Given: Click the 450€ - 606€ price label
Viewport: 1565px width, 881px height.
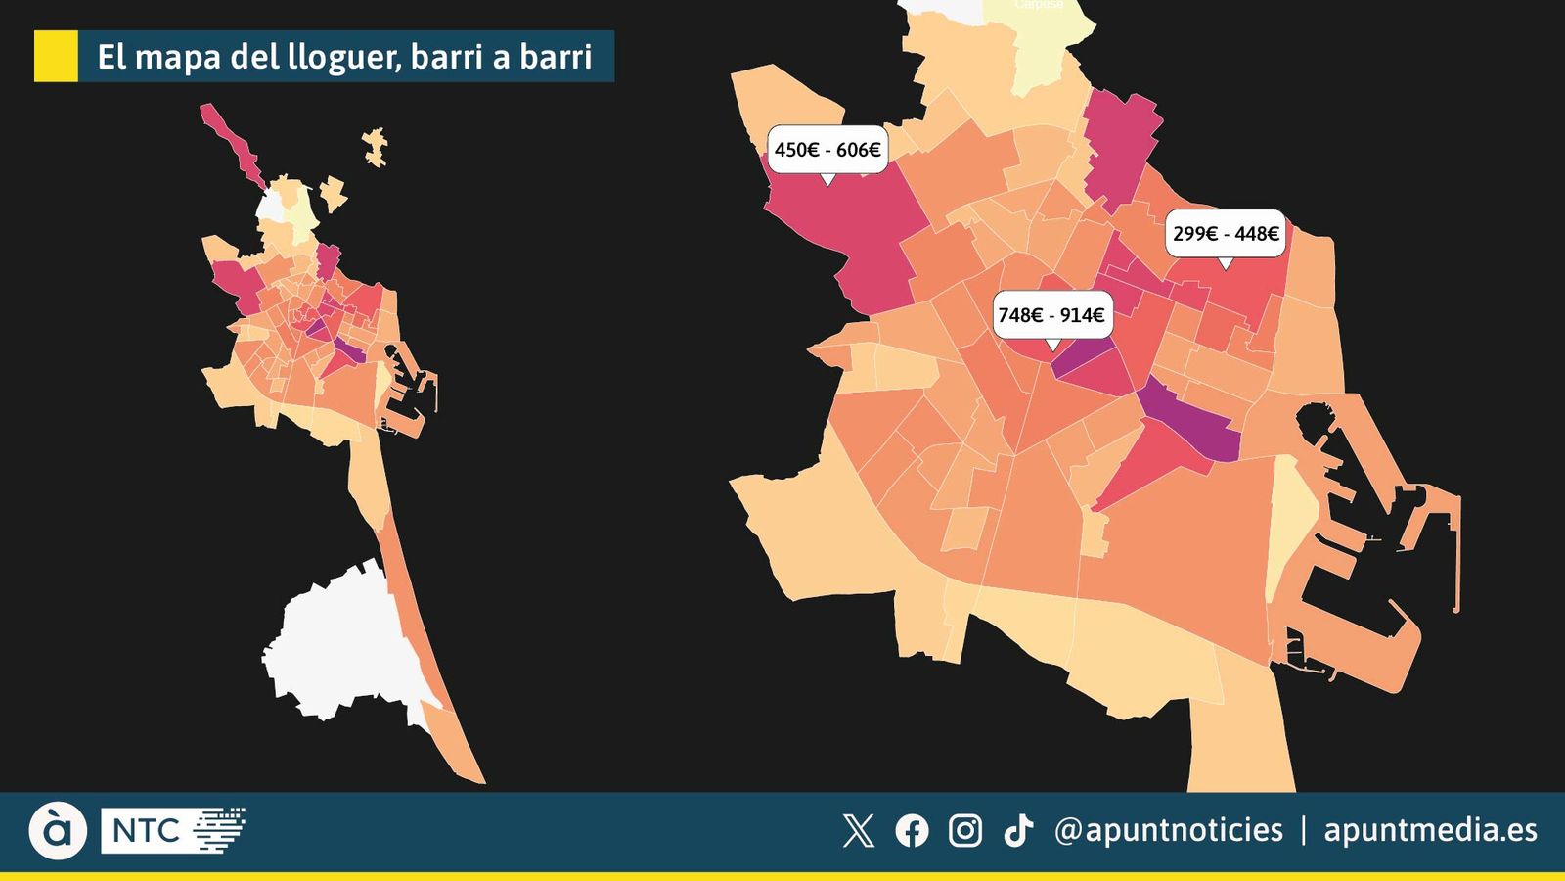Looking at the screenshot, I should [x=827, y=150].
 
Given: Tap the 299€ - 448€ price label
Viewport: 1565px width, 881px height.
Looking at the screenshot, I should [x=1226, y=234].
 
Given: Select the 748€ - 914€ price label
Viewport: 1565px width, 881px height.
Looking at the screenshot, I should [x=1051, y=315].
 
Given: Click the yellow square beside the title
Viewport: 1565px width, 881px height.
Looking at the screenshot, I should [x=56, y=56].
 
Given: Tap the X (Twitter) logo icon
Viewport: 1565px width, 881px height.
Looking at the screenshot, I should [x=858, y=831].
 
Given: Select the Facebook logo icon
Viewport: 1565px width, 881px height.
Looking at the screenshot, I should [x=912, y=831].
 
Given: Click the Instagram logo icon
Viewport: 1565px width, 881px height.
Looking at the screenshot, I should [x=965, y=831].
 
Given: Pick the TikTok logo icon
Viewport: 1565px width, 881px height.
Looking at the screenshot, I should [x=1018, y=831].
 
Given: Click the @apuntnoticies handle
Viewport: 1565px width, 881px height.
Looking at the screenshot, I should [x=1169, y=830].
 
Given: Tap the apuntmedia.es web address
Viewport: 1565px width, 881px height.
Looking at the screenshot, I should [x=1430, y=830].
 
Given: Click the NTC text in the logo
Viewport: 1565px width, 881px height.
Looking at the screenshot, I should [x=146, y=831].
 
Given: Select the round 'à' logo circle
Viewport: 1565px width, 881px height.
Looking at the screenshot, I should [x=58, y=831].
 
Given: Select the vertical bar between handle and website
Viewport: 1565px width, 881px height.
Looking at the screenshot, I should [x=1304, y=830].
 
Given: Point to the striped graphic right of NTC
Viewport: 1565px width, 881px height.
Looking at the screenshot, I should [x=219, y=830].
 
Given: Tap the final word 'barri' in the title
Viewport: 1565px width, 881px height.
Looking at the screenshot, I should [x=556, y=57].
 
